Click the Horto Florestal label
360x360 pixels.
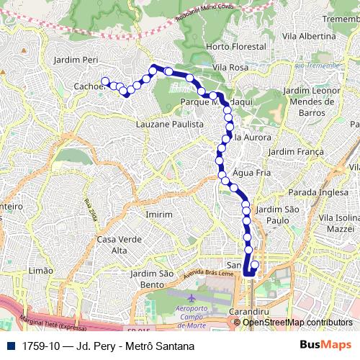(x=235, y=47)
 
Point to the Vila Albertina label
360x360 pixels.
(x=310, y=36)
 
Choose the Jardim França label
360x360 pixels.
(x=291, y=152)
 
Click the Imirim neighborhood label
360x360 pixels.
(x=158, y=215)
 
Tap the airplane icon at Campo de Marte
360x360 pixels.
(x=190, y=297)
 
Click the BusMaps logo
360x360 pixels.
(x=329, y=346)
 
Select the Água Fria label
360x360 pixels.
(x=251, y=173)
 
